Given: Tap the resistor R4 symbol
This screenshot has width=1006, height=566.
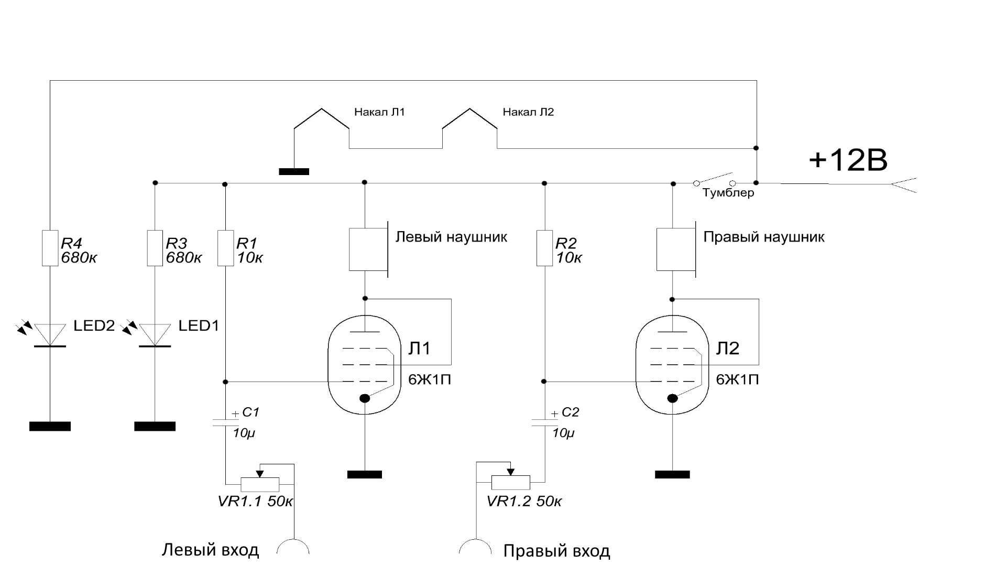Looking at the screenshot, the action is click(x=50, y=248).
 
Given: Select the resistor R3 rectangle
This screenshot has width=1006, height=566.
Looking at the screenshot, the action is click(x=155, y=248).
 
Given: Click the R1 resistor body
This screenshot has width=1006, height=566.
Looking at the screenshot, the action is click(x=225, y=248).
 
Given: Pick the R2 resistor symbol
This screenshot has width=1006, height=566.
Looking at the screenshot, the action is click(x=544, y=248).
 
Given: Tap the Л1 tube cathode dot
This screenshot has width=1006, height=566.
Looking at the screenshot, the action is click(x=365, y=398).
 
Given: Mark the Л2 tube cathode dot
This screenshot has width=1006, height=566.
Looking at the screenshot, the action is click(x=672, y=398).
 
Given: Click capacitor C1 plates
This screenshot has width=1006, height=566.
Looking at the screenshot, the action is click(x=226, y=422).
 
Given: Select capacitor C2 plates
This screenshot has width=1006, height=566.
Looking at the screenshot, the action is click(x=544, y=422).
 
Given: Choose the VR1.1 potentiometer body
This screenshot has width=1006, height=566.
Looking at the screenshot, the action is click(x=260, y=484).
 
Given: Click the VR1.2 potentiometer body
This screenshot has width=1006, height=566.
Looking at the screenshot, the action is click(x=511, y=482).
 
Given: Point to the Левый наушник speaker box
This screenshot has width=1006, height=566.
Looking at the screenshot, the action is click(x=369, y=249).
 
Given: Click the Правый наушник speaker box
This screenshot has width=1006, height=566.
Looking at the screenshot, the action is click(x=676, y=249).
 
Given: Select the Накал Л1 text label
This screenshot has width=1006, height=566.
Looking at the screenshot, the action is click(x=379, y=112).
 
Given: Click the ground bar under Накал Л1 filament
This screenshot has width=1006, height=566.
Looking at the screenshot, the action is click(x=294, y=171).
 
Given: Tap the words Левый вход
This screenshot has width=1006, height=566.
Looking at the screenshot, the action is click(x=210, y=550).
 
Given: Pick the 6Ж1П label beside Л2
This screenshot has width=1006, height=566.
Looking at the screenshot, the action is click(x=737, y=380).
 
